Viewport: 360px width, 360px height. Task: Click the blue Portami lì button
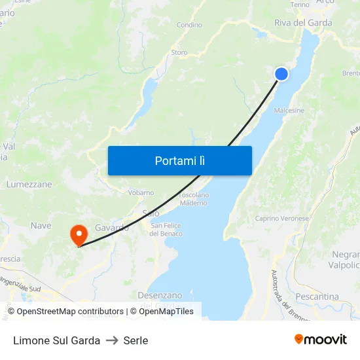click(179, 160)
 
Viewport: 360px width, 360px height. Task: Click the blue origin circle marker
click(281, 74)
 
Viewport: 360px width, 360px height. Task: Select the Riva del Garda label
click(302, 23)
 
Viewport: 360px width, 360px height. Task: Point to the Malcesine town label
click(289, 111)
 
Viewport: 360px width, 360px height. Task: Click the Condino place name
click(189, 26)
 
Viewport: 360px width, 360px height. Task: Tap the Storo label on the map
click(179, 52)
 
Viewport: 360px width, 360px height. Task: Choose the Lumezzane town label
click(29, 185)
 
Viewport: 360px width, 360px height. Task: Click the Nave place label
click(41, 226)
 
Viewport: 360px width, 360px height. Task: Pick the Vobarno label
click(141, 192)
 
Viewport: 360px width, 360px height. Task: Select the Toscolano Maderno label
click(193, 199)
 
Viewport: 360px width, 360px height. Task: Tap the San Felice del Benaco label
click(166, 230)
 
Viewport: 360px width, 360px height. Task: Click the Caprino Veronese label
click(281, 219)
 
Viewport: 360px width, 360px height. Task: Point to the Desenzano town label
click(159, 295)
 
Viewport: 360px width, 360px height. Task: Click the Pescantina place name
click(317, 297)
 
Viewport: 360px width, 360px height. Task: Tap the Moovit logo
click(321, 340)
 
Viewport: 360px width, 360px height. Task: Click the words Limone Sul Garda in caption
click(56, 340)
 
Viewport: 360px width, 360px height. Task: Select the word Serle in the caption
click(135, 340)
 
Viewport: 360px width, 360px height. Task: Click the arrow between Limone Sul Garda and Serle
click(112, 340)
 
